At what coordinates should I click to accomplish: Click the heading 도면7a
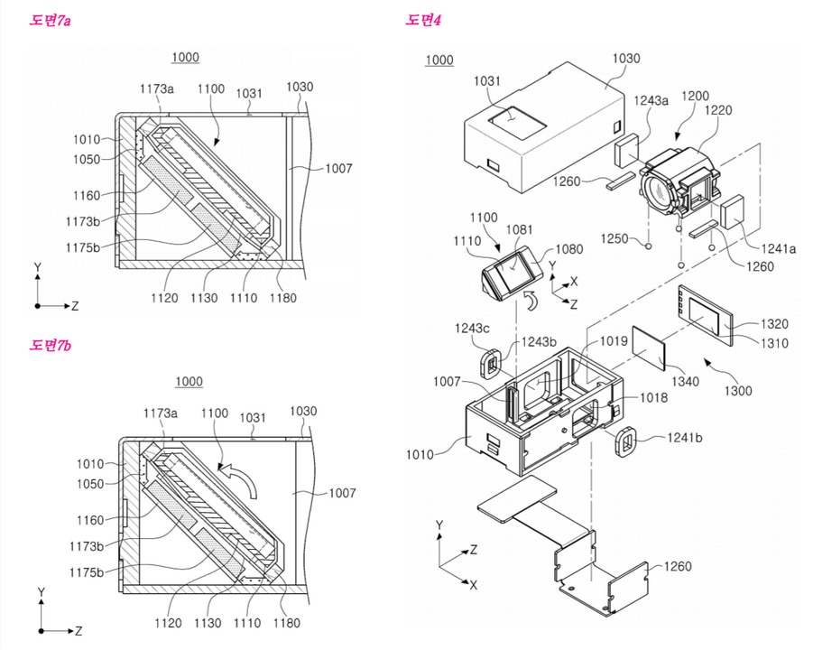[51, 19]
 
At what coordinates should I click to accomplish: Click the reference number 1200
[696, 95]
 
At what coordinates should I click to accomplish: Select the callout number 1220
[719, 112]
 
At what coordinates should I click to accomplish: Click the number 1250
[615, 240]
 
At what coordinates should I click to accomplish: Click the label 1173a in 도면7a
[156, 88]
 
